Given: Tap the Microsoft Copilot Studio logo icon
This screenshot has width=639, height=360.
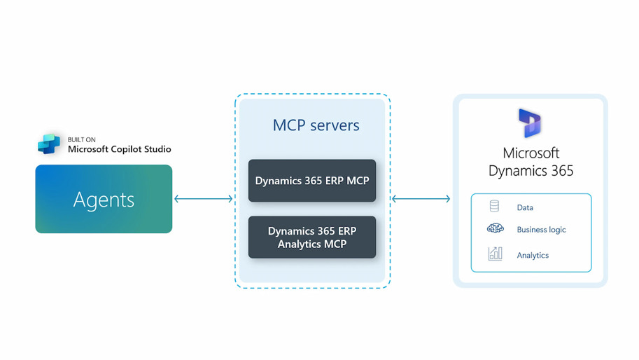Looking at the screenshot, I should [x=49, y=144].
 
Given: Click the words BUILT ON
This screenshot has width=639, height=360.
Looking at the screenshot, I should [x=82, y=139].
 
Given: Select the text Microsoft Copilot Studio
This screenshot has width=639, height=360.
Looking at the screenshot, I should [x=119, y=149].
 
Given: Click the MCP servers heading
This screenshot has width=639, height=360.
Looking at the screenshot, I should [x=316, y=125].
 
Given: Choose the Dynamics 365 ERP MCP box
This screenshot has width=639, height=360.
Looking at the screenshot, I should [x=312, y=181].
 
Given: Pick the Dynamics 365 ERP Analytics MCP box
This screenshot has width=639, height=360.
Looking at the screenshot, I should [x=312, y=237].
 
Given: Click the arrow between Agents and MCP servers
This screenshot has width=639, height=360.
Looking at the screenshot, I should [x=203, y=199].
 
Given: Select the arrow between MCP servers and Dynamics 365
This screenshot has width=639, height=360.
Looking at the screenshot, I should [x=421, y=199].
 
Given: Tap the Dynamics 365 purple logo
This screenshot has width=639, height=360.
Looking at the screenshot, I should [x=530, y=123].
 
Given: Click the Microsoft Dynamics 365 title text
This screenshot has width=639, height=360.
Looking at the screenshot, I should [x=531, y=162].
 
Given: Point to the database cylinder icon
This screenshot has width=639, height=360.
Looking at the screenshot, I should [x=494, y=207].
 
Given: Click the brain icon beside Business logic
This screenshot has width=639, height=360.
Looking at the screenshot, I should [x=495, y=229].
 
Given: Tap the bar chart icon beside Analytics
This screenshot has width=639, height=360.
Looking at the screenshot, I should [x=495, y=254].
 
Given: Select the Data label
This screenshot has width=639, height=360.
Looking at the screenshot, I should [x=525, y=208].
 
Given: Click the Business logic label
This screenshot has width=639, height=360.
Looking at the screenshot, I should [x=541, y=230].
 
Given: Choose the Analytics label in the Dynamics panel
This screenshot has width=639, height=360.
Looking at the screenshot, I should [x=533, y=256].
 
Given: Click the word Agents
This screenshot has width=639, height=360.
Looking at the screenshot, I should [x=104, y=200].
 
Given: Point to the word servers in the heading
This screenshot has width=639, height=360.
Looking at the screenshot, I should [x=335, y=126].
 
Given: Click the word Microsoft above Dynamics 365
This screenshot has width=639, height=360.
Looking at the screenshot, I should [x=531, y=153].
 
